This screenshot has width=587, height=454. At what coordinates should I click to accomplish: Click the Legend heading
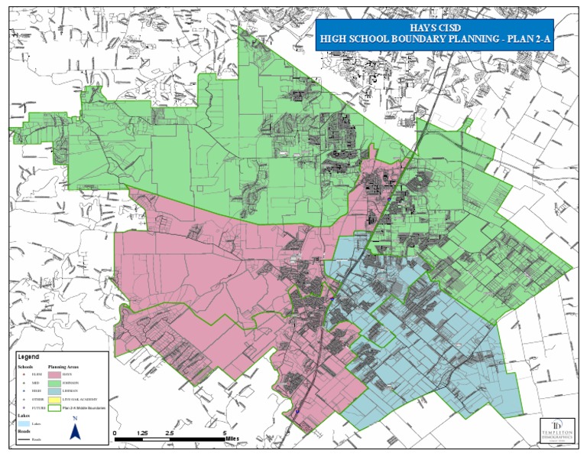[x=28, y=357]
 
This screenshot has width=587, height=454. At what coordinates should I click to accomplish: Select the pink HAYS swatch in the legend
[x=55, y=376]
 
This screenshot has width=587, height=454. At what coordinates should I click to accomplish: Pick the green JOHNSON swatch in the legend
[x=55, y=384]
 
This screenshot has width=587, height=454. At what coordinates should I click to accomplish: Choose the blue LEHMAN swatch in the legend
[x=55, y=393]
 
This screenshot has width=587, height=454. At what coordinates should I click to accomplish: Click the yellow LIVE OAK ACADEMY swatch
[x=55, y=401]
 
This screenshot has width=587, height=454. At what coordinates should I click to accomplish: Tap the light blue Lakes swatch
[x=24, y=423]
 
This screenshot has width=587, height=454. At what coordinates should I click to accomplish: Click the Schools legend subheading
[x=26, y=367]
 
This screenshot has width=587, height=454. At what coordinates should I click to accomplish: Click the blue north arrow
[x=75, y=432]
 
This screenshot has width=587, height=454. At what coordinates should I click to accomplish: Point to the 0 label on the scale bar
[x=115, y=433]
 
